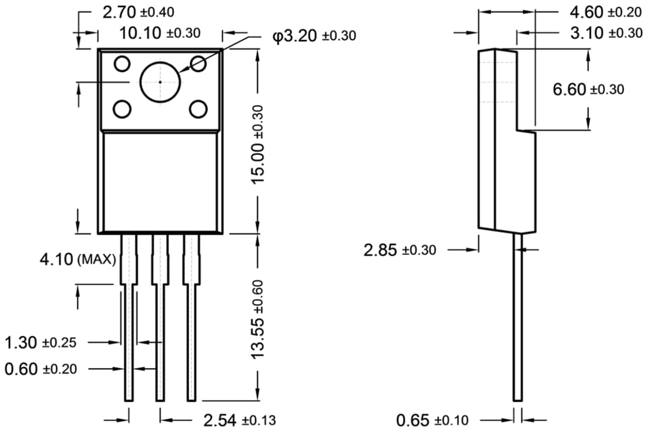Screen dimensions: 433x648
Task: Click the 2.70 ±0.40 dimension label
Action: (138, 12)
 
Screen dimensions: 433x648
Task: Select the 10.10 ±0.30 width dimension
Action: (160, 33)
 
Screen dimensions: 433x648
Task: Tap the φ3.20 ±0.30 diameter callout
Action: (314, 36)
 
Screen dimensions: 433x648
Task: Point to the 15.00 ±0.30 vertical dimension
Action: (258, 144)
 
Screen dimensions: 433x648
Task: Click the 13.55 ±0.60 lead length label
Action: (258, 319)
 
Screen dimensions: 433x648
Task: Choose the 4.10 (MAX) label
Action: (77, 259)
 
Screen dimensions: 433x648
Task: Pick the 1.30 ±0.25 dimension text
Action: (40, 342)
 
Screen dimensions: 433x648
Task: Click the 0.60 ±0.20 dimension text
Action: (40, 369)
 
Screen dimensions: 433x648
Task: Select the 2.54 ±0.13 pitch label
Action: (239, 420)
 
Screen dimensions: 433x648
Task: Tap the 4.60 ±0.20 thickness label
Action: (605, 12)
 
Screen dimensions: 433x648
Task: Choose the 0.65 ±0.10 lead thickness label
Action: (432, 420)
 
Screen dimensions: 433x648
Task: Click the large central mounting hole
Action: (160, 82)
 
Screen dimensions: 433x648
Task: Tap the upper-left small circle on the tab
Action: (122, 63)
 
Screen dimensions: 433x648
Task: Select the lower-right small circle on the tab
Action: (198, 109)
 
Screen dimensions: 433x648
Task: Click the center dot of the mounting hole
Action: (160, 82)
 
